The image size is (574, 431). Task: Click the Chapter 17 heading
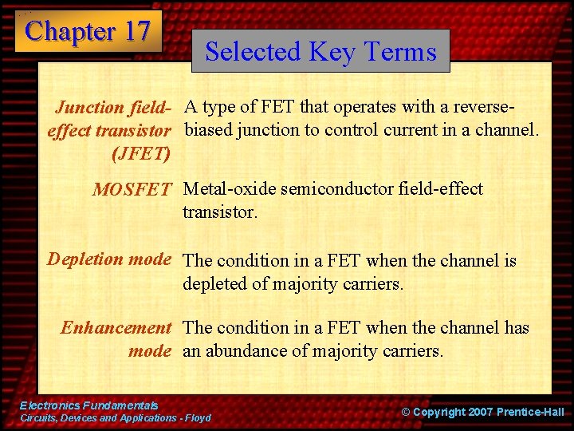coord(88,31)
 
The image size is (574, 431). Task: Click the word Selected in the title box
coord(252,51)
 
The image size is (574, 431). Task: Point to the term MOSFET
coord(132,190)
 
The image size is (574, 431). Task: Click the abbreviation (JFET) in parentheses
coord(142,152)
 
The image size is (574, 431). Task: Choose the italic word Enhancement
coord(116,327)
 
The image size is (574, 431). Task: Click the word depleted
coord(215,283)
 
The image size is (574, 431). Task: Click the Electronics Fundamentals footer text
coord(88,406)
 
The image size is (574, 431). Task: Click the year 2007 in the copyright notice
coord(476,412)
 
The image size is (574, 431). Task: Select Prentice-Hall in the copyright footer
coord(529,412)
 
